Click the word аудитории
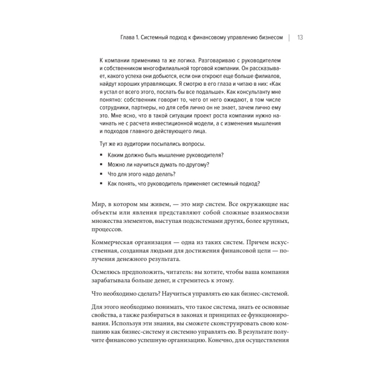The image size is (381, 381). pyautogui.click(x=131, y=144)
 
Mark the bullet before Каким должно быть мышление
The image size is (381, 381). pyautogui.click(x=101, y=155)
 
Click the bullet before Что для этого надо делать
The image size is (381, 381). pyautogui.click(x=101, y=174)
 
